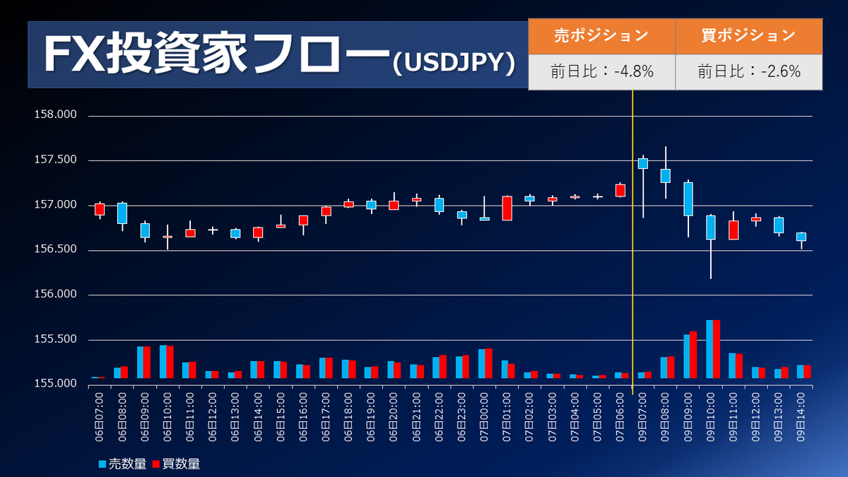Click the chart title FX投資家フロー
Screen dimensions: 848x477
[216, 54]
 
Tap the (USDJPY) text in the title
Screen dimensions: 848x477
[454, 63]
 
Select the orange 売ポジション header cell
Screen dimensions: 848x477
[601, 36]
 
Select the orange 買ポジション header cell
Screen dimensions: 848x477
[748, 36]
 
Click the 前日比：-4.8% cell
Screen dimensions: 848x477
[601, 72]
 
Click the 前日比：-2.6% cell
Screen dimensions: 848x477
[748, 72]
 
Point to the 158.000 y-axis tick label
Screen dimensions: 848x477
[55, 114]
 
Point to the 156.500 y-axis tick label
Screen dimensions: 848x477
[55, 249]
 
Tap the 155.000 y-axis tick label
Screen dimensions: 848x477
[55, 384]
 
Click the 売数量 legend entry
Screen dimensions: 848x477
[123, 464]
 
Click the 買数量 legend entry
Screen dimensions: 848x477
[176, 464]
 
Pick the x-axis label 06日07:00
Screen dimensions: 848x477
[99, 417]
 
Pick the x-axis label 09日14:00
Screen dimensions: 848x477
[801, 417]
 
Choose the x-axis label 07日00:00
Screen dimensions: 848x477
[484, 417]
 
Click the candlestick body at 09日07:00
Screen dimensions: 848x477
[643, 163]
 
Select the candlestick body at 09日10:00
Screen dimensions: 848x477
[711, 228]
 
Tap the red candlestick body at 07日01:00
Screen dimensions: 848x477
[507, 208]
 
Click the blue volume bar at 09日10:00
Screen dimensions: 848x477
[709, 349]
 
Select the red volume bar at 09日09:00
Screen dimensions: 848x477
[693, 355]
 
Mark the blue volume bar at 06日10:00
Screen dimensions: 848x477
[163, 362]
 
